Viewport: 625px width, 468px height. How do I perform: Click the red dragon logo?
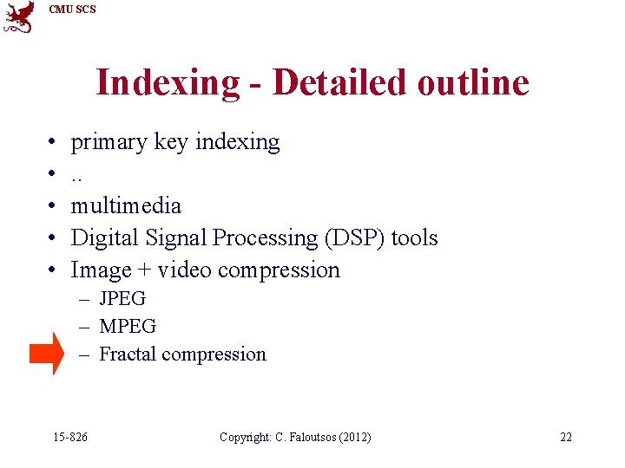click(x=19, y=16)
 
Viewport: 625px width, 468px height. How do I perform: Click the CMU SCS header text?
click(x=73, y=10)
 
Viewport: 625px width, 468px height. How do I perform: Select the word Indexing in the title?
click(x=168, y=83)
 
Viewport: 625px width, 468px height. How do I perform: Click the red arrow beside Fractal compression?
click(x=46, y=354)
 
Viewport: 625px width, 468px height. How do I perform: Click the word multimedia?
click(x=126, y=205)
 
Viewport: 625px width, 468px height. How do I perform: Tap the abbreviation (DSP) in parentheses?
click(x=356, y=237)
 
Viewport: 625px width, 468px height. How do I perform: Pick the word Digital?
click(x=105, y=237)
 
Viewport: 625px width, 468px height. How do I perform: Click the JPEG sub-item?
click(x=122, y=299)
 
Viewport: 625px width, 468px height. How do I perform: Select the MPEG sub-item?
click(x=128, y=327)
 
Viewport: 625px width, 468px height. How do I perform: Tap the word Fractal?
click(x=128, y=354)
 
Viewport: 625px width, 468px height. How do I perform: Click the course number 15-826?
click(x=69, y=437)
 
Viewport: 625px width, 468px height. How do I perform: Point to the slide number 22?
click(x=566, y=437)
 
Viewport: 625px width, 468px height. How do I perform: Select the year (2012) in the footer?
click(x=354, y=437)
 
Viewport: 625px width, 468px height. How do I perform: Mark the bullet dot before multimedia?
click(x=53, y=206)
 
